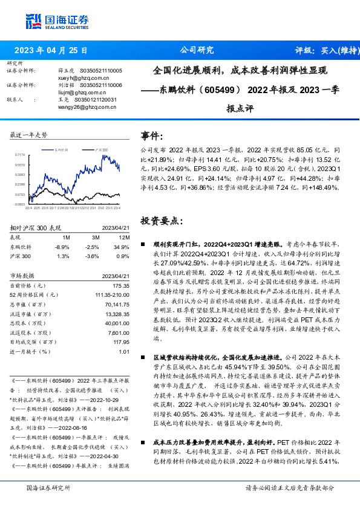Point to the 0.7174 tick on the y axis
20,155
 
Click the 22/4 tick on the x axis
28,208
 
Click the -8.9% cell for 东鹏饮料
62,247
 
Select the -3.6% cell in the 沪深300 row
92,256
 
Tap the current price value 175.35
121,285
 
